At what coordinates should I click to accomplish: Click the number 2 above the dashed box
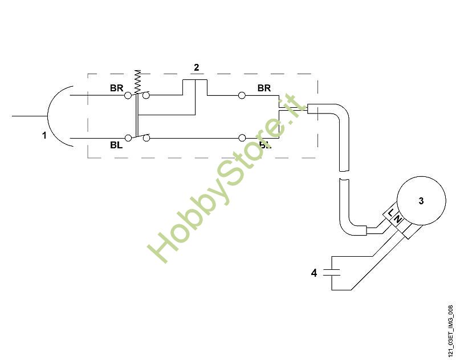coord(197,67)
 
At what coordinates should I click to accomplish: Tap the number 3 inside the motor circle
coord(421,201)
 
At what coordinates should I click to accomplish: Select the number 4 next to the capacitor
coord(313,273)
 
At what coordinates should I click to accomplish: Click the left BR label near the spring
coord(117,88)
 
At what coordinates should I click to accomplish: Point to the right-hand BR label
coord(264,88)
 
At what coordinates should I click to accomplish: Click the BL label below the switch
coord(117,145)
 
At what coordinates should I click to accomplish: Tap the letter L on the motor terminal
coord(391,213)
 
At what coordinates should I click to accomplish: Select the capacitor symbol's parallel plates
coord(331,272)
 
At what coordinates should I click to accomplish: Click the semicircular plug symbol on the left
coord(59,116)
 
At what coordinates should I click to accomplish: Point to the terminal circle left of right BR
coord(242,95)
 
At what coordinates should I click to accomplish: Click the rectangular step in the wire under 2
coord(195,87)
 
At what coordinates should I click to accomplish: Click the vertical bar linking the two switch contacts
coord(137,116)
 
